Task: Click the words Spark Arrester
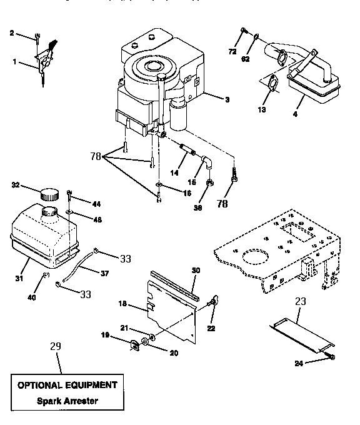tap(66, 401)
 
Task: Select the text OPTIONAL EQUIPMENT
tap(66, 385)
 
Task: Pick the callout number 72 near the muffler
tap(232, 52)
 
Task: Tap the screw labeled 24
tap(331, 356)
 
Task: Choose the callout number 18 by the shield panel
tap(123, 304)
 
